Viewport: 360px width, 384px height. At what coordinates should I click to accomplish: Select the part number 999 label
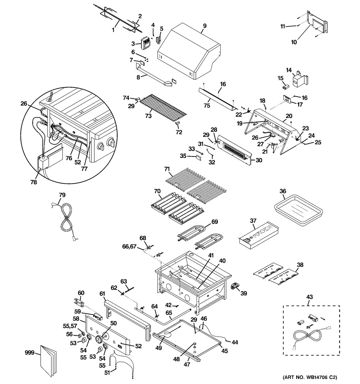(30, 353)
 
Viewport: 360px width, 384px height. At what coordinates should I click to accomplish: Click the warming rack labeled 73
(164, 107)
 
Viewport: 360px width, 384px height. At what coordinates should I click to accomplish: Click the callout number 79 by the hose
(62, 195)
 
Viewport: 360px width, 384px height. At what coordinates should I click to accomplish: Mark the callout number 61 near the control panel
(102, 294)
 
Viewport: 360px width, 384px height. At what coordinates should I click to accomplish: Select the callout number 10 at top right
(294, 42)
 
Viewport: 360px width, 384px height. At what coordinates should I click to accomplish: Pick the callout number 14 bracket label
(288, 70)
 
